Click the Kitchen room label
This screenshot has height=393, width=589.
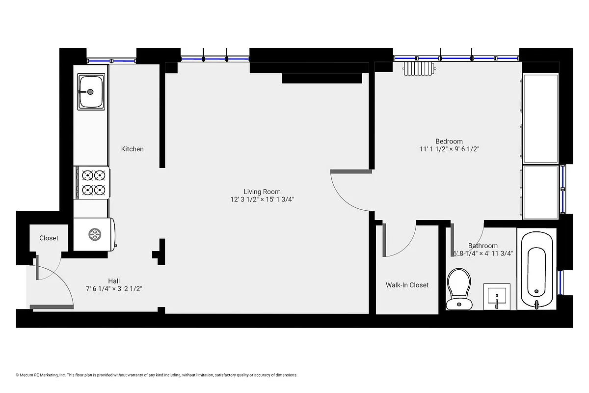tap(133, 149)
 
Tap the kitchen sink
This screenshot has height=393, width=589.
tap(92, 91)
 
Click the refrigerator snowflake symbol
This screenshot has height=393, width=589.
tap(94, 234)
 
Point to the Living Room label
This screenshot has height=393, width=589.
tap(262, 192)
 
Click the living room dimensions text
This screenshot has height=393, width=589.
tap(262, 199)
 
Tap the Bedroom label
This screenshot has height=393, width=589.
tap(449, 141)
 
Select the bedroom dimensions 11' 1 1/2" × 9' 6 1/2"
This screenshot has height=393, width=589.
tap(449, 149)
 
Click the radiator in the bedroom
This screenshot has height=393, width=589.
tap(419, 69)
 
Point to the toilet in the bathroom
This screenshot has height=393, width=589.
tap(459, 289)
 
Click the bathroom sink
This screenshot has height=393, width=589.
tap(497, 297)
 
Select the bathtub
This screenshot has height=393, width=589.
tap(536, 270)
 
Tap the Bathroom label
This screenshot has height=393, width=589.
tap(482, 246)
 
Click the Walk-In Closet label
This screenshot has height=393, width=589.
tap(407, 285)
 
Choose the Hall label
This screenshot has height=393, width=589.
tap(114, 281)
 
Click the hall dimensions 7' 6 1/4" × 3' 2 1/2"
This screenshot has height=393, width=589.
tap(114, 289)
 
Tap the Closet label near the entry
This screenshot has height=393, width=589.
tap(49, 238)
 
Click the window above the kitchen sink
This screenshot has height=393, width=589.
tap(111, 61)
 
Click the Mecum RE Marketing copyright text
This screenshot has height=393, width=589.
tap(157, 375)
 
